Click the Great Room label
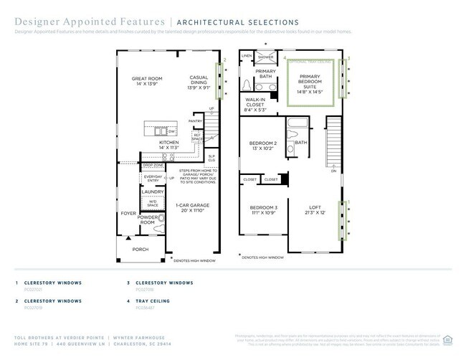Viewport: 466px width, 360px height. tap(148, 81)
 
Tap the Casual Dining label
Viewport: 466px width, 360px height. tap(199, 80)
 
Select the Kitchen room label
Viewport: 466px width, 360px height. tap(168, 145)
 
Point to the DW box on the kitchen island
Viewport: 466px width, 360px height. tap(171, 131)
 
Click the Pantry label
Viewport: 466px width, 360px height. tap(196, 121)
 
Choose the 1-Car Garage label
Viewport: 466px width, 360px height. tap(189, 208)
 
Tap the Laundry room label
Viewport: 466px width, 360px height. tap(152, 191)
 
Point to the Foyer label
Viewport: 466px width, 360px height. tap(128, 213)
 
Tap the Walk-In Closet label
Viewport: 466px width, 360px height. tap(255, 105)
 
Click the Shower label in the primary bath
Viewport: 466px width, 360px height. tap(265, 57)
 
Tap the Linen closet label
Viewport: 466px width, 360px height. tap(247, 55)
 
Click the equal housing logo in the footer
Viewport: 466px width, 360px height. tap(448, 339)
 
